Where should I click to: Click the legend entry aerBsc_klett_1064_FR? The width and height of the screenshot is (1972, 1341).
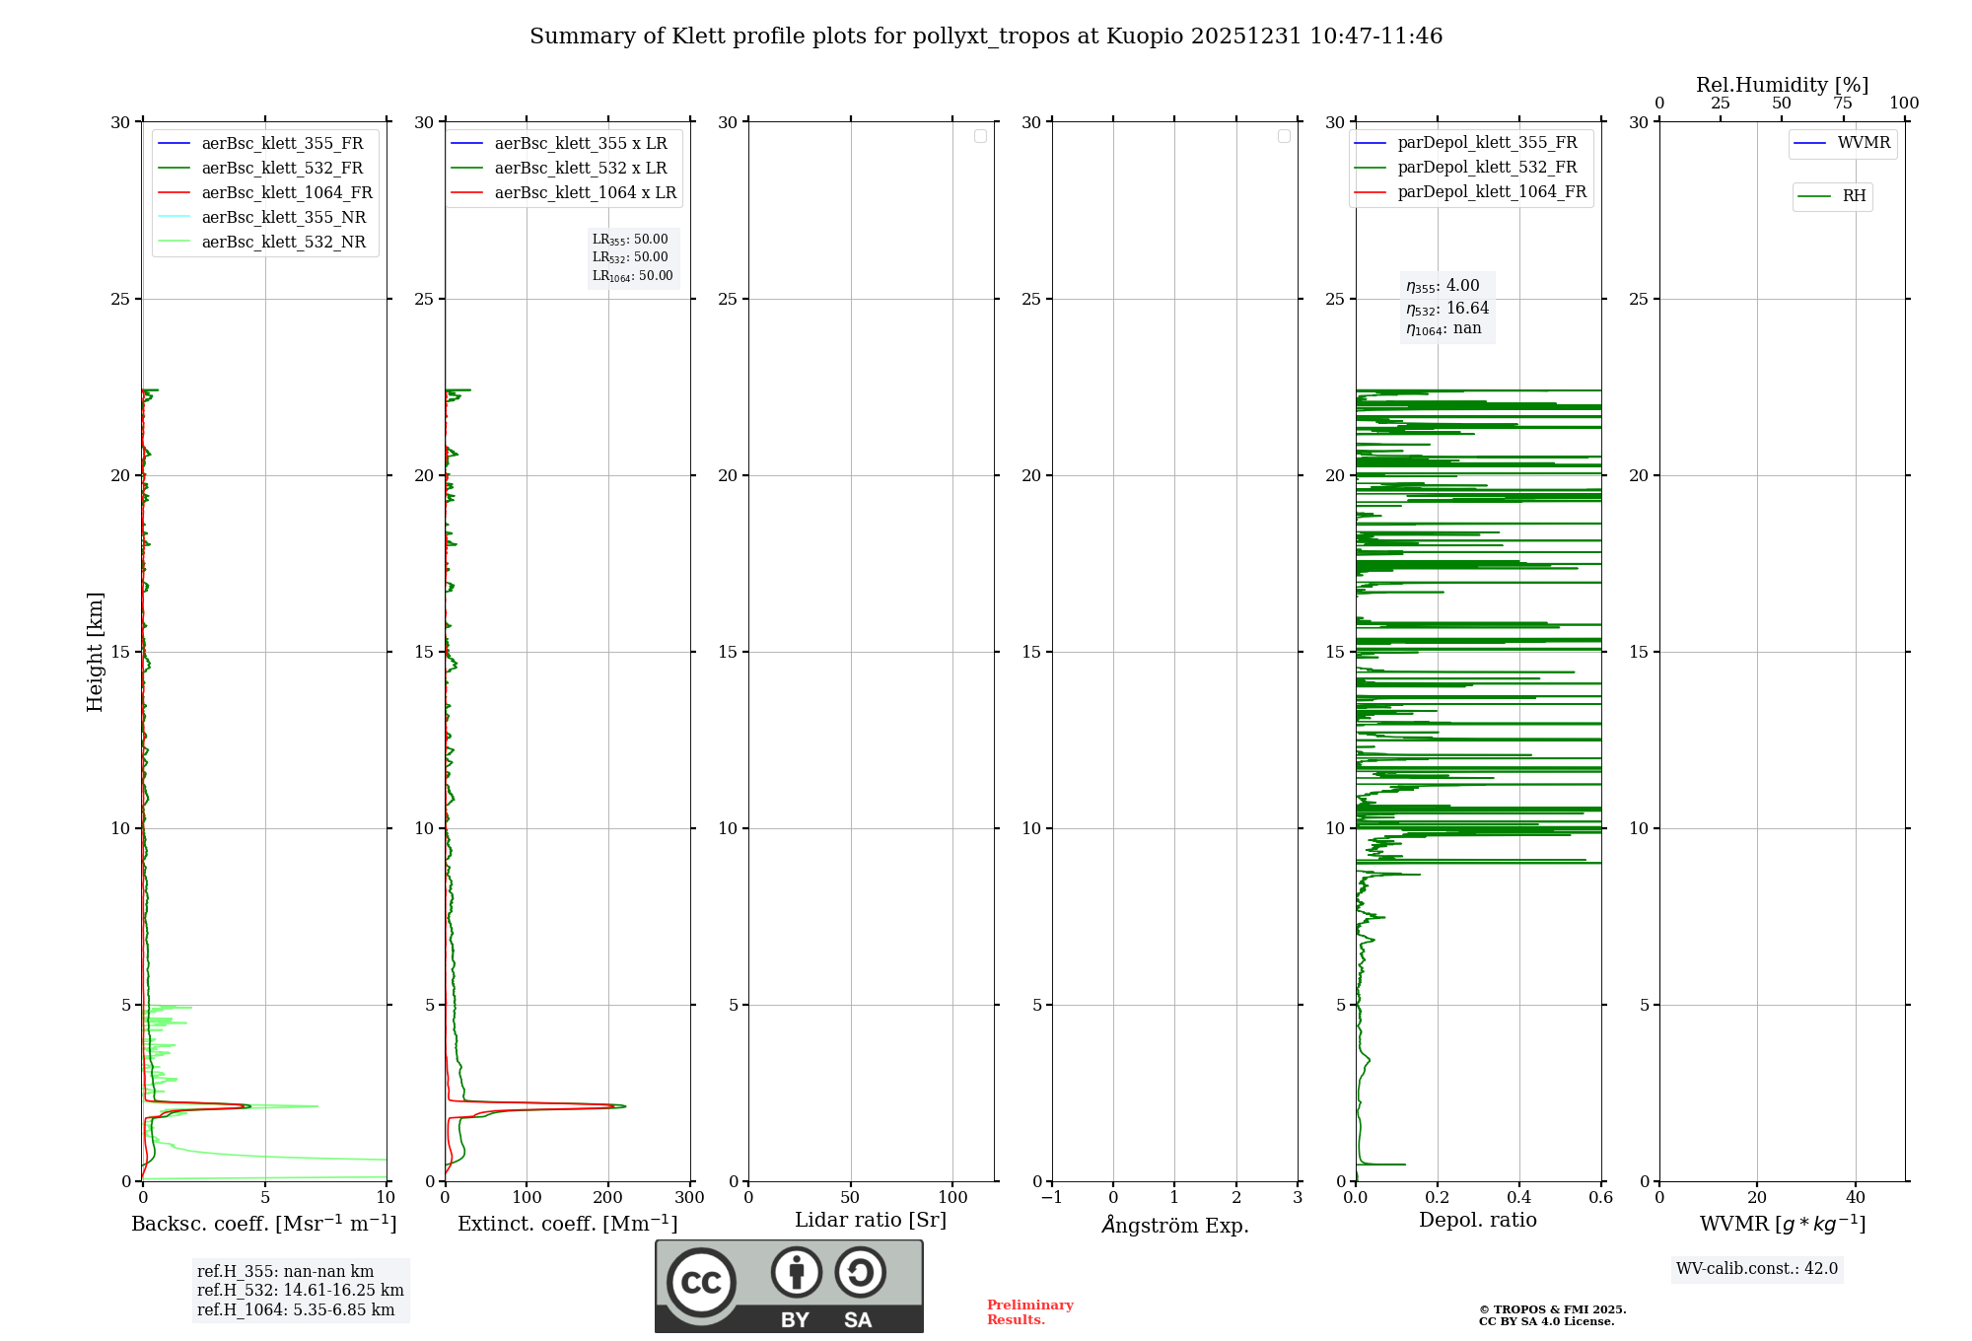[x=287, y=193]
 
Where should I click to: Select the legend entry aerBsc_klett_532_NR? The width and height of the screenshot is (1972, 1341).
[x=283, y=243]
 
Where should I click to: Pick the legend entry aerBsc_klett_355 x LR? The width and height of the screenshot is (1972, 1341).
[x=581, y=144]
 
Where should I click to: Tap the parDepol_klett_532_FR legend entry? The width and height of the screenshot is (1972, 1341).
[x=1487, y=168]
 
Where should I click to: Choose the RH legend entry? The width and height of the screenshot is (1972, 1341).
[x=1854, y=196]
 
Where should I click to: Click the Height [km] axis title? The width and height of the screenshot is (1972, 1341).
[x=95, y=652]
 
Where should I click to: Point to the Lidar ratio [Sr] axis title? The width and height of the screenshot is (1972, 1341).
[x=871, y=1221]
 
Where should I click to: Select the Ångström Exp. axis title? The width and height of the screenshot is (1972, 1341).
[x=1174, y=1226]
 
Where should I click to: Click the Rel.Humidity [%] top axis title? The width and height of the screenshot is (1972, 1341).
[x=1782, y=85]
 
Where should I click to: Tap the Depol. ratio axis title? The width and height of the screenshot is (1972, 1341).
[x=1477, y=1221]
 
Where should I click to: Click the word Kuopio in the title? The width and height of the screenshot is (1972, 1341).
[x=1145, y=36]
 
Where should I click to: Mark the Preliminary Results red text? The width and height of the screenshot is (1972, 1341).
[x=1029, y=1312]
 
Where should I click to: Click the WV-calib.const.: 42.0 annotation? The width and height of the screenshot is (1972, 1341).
[x=1756, y=1269]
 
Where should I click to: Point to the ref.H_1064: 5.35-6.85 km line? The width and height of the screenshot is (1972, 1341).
[x=296, y=1310]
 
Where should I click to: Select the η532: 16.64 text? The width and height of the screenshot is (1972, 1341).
[x=1447, y=309]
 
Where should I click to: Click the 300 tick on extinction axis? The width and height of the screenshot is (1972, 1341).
[x=689, y=1198]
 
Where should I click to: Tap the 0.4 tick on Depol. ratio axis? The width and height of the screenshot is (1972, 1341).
[x=1519, y=1198]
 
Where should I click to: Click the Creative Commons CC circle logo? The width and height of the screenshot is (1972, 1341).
[x=701, y=1283]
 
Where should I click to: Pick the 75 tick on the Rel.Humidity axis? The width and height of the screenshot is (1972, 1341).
[x=1842, y=104]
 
